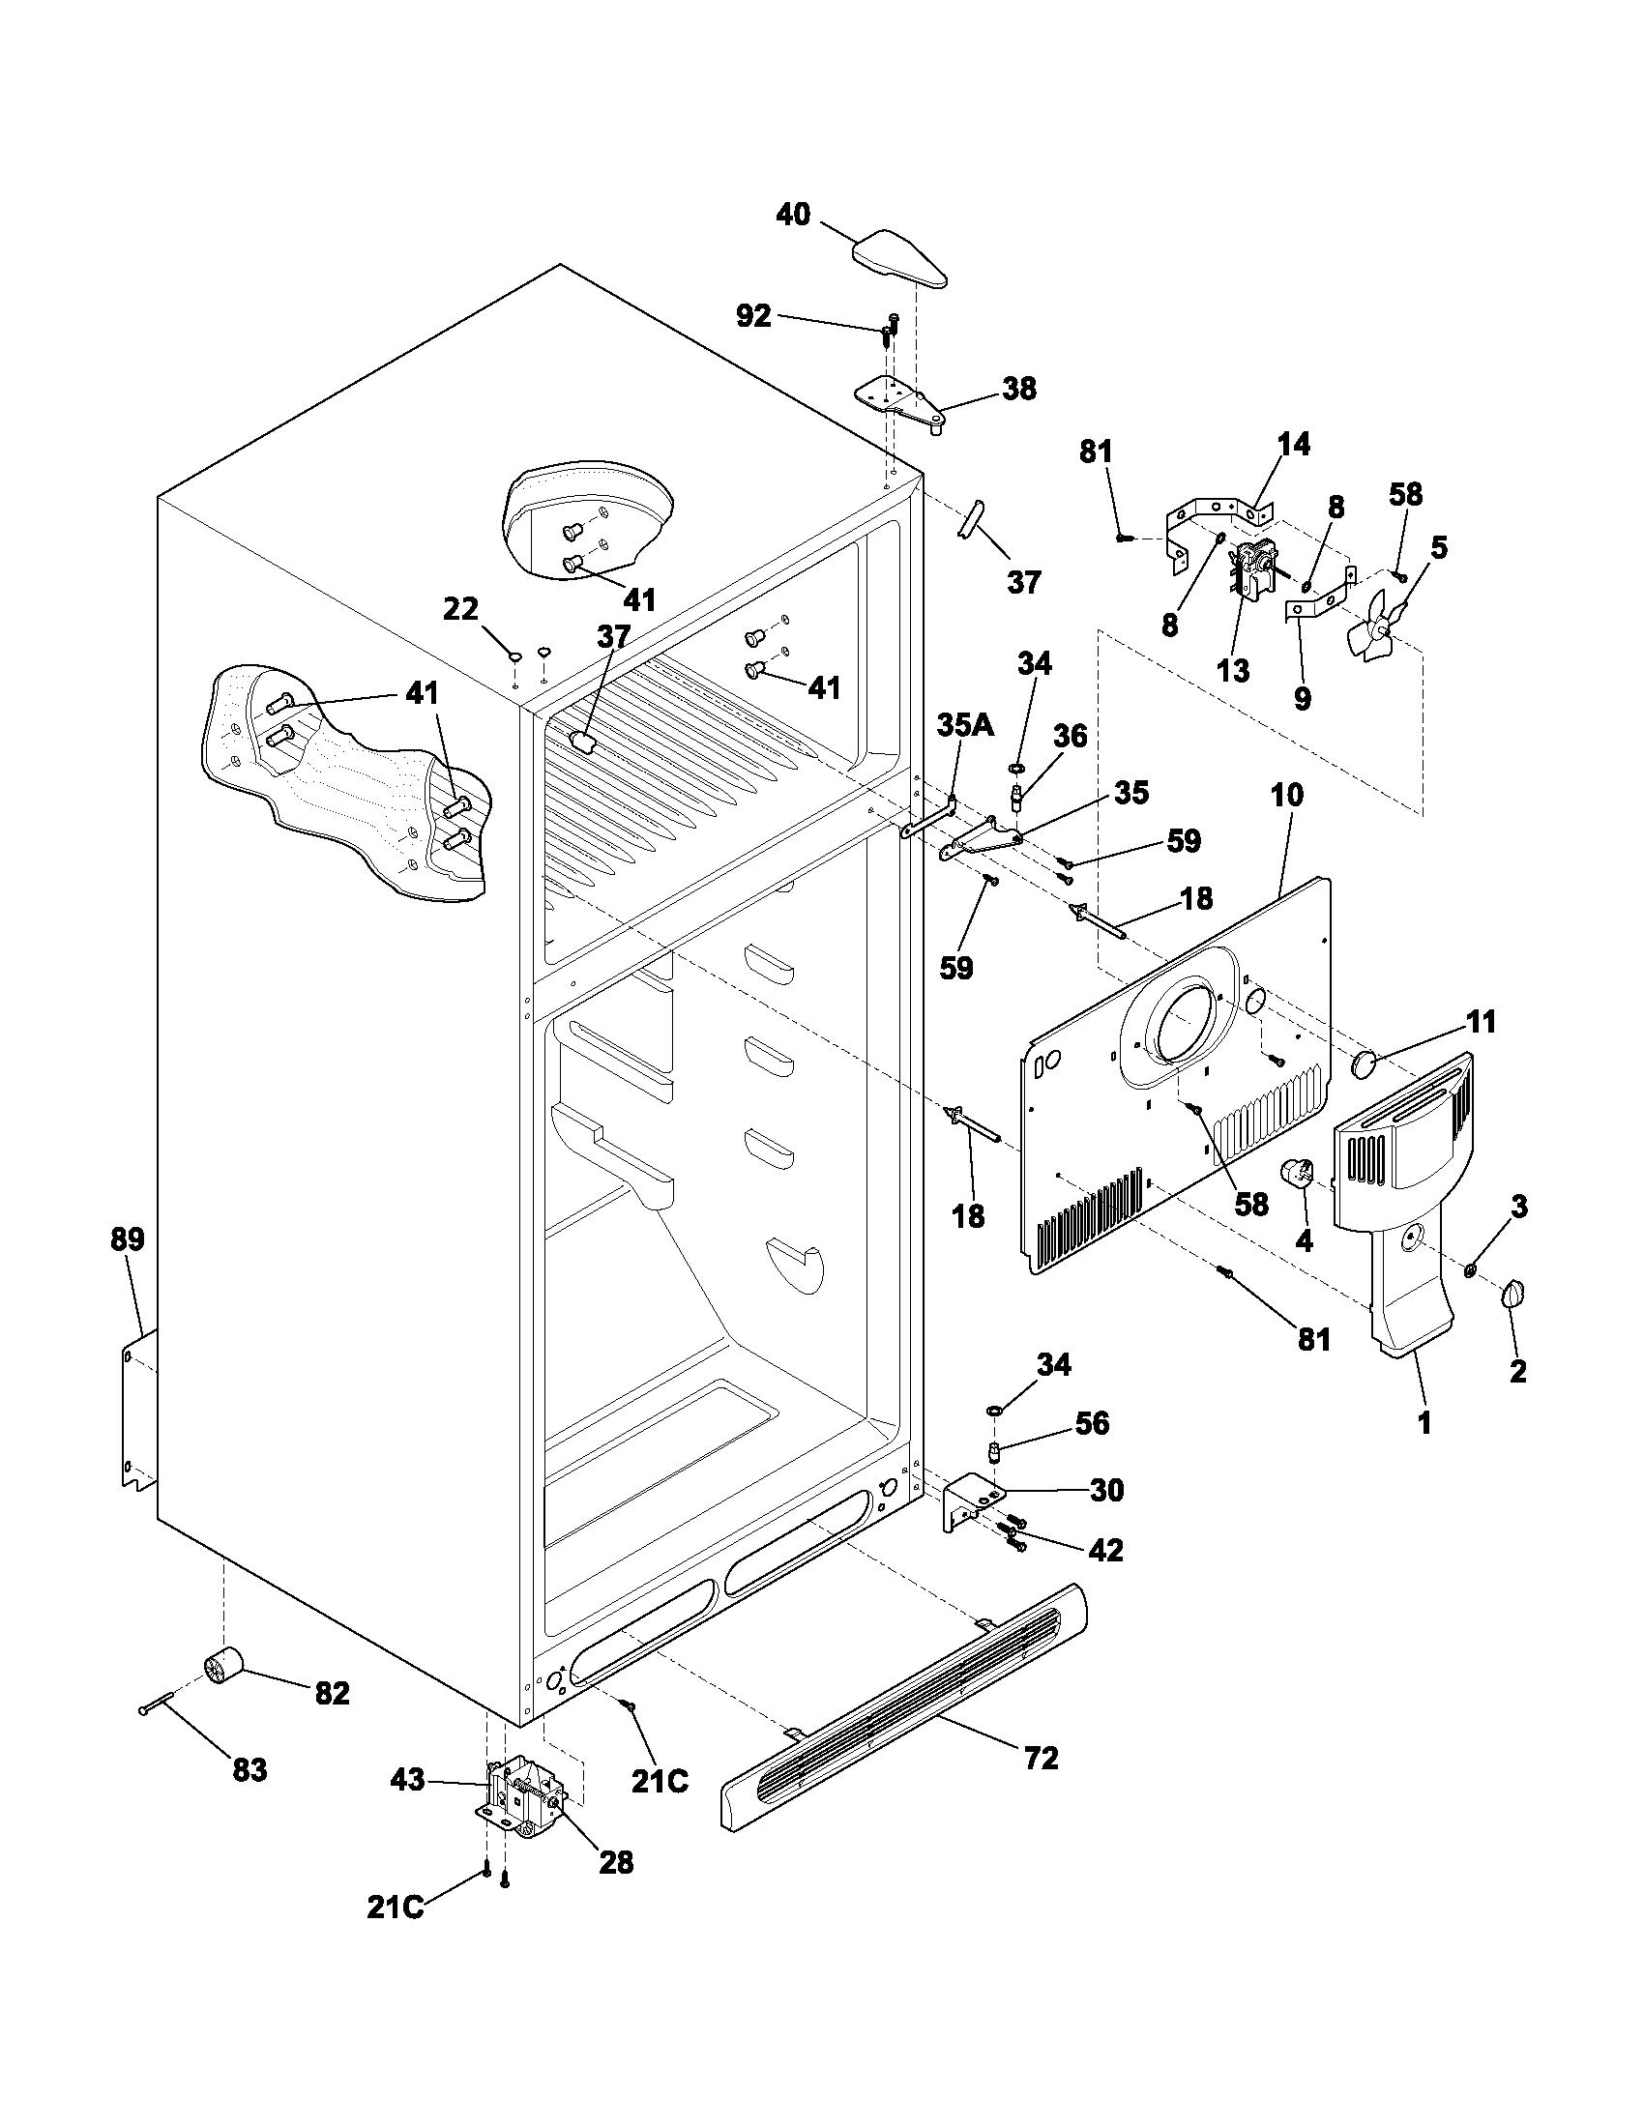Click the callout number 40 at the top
(793, 215)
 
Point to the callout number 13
(1233, 670)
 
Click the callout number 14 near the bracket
(1293, 444)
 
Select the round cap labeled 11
(1365, 1063)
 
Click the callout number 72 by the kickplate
(1042, 1758)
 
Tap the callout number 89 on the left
(128, 1239)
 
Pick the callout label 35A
(965, 724)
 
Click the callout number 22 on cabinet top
(460, 609)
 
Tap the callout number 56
(1092, 1423)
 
